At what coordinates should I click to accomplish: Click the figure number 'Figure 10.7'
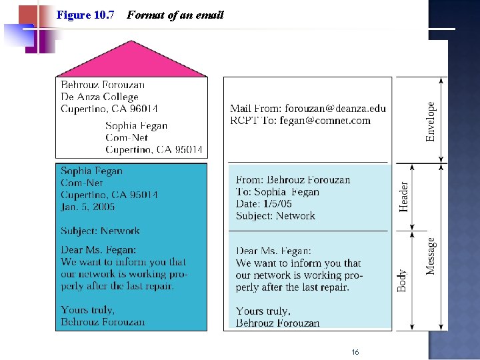85,15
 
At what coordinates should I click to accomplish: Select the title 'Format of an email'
175,15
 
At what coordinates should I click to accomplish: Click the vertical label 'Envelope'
431,121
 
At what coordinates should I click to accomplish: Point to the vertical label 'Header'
403,197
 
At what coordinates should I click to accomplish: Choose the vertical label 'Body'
402,280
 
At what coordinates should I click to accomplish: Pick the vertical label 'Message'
431,256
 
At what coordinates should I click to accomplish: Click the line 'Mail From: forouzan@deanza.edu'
308,108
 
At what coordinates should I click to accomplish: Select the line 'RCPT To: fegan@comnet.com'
300,120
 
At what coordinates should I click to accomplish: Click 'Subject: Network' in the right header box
275,215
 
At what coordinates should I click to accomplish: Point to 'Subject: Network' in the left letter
100,231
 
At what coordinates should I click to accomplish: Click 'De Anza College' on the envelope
99,97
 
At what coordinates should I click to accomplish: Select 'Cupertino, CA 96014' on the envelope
109,109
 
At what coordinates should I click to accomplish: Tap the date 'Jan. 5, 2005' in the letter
88,207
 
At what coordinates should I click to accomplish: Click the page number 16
355,351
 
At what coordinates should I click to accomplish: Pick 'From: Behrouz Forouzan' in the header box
293,179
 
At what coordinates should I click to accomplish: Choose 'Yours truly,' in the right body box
263,311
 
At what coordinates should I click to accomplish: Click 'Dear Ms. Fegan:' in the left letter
98,249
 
